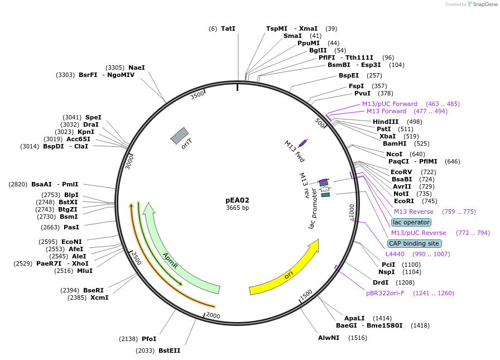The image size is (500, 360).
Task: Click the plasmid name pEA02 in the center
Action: pos(237,200)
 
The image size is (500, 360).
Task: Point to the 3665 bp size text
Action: pos(237,208)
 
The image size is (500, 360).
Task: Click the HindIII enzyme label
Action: pos(386,122)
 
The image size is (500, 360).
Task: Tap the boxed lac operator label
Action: pos(411,222)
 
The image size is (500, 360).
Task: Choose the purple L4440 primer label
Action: pos(395,254)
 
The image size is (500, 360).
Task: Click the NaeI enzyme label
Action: pos(136,68)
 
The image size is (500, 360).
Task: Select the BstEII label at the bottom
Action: pos(169,351)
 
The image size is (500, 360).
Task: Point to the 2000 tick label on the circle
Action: pos(213,315)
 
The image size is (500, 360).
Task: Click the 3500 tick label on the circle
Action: pos(198,95)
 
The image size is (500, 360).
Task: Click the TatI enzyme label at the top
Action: pos(228,28)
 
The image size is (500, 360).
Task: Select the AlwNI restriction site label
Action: pos(329,338)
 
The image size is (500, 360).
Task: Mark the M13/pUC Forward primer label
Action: pos(390,104)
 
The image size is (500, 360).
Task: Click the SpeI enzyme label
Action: pos(93,117)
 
